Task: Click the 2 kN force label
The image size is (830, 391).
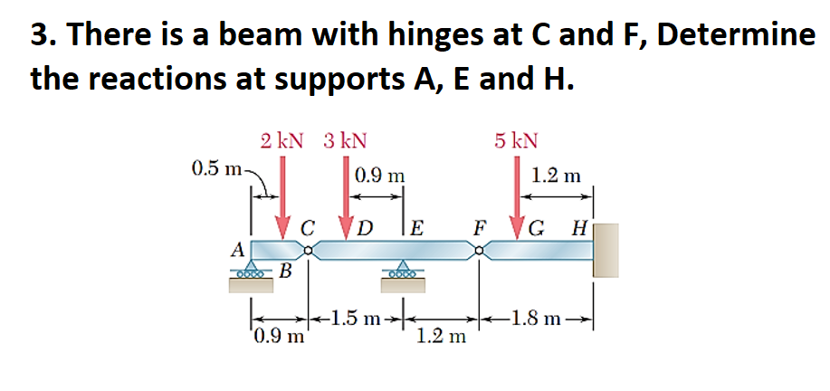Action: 281,141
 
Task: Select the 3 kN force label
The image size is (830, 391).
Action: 344,141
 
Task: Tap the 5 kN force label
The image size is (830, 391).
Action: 516,141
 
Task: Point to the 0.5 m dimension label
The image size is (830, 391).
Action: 216,168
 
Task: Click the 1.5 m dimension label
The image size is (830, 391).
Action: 356,318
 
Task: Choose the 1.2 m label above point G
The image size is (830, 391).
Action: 557,176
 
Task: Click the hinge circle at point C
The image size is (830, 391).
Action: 310,251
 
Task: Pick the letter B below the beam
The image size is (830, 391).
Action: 285,271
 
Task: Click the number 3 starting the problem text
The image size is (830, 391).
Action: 38,34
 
